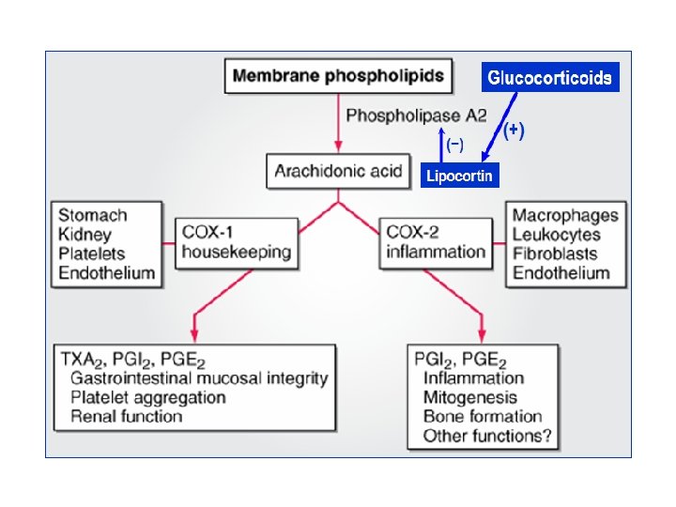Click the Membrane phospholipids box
[338, 76]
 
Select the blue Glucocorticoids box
[550, 77]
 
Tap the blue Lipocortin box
[459, 176]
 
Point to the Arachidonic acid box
[338, 171]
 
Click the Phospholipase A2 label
[416, 115]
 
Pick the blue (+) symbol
[514, 131]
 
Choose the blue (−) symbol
[454, 145]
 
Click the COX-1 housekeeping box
[237, 243]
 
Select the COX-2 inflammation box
[436, 243]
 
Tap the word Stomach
[93, 215]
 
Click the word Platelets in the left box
[91, 253]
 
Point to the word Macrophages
[565, 216]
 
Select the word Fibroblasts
[555, 253]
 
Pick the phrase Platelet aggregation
[148, 397]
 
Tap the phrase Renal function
[127, 417]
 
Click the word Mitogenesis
[470, 397]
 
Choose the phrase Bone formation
[483, 417]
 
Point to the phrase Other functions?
[487, 436]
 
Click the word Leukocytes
[556, 235]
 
